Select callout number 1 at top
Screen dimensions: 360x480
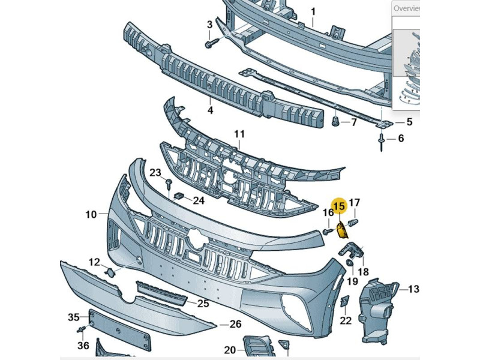[313, 11]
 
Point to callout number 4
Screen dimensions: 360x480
[210, 110]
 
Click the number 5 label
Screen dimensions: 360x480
[409, 122]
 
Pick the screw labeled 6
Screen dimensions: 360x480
[382, 141]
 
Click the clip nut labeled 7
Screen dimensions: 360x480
[336, 123]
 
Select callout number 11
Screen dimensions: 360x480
[239, 134]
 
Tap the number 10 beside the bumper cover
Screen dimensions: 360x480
[91, 214]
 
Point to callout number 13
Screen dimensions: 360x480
[413, 290]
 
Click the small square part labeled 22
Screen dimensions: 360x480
[345, 302]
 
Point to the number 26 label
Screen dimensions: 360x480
[235, 325]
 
